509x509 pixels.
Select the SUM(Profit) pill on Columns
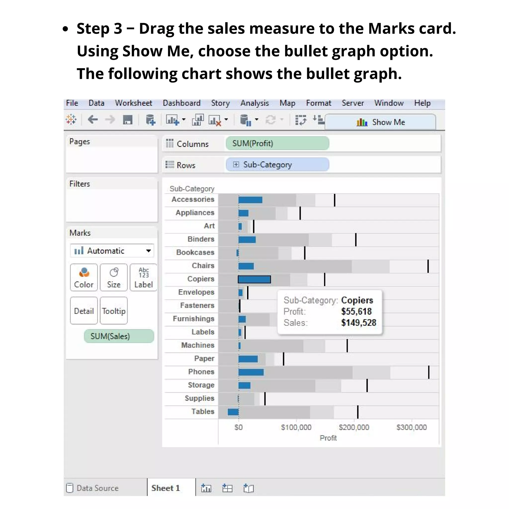277,143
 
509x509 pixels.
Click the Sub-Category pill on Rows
277,165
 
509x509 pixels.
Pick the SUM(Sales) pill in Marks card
119,336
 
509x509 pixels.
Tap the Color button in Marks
84,277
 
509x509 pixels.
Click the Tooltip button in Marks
114,311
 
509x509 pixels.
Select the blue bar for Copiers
254,280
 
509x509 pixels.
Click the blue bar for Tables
233,412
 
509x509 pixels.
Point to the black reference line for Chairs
428,266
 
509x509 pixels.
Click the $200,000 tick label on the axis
354,427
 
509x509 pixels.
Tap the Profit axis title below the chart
328,438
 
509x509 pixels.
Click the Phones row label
201,372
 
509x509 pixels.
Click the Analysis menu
254,103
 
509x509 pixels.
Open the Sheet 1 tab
166,488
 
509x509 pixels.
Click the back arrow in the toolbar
93,120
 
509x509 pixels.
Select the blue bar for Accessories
250,200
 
